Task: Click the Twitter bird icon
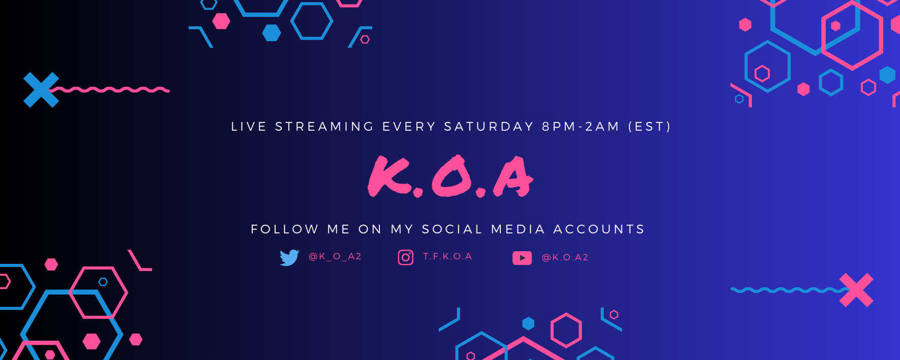(x=289, y=257)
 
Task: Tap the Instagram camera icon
(x=405, y=257)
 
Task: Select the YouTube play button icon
(x=522, y=258)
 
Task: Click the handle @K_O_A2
(x=335, y=257)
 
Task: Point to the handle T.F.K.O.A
(x=447, y=257)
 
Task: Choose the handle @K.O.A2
(x=565, y=258)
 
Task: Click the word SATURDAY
(x=489, y=127)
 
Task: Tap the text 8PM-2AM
(x=581, y=127)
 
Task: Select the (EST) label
(x=649, y=127)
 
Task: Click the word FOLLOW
(x=285, y=229)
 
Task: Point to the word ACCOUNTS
(x=599, y=229)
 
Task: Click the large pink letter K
(x=389, y=176)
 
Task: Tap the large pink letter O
(x=452, y=176)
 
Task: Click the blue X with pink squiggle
(x=41, y=90)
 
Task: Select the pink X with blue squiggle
(x=856, y=290)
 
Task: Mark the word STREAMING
(x=324, y=127)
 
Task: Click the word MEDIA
(x=518, y=229)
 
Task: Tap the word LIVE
(x=249, y=127)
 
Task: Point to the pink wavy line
(x=109, y=90)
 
